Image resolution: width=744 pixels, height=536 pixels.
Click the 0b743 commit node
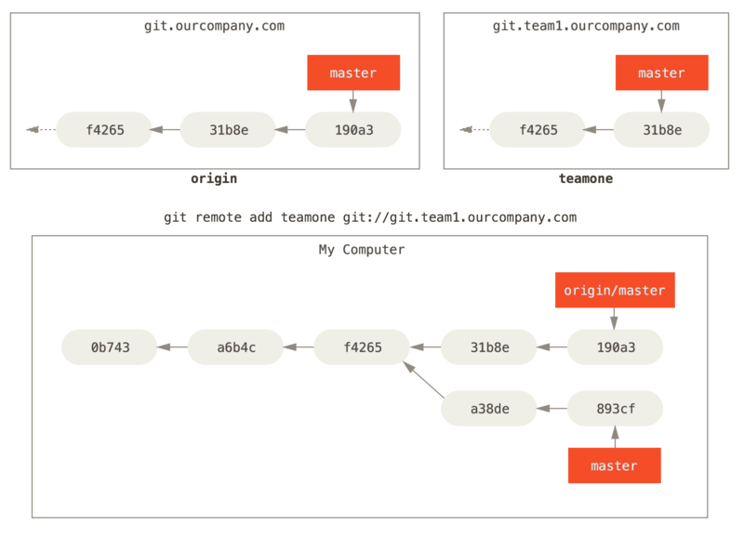coord(109,347)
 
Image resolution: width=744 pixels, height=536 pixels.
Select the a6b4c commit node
coord(235,347)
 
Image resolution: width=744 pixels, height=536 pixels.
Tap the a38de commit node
coord(488,408)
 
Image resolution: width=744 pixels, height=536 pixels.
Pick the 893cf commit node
coord(615,408)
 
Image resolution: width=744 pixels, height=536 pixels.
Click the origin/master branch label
coord(615,290)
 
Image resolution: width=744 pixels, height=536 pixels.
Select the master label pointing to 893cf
coord(615,465)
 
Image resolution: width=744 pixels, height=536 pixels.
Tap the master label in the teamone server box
coord(661,72)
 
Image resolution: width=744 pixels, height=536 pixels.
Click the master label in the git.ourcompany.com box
coord(353,72)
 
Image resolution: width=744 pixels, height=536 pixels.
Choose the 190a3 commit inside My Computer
coord(615,347)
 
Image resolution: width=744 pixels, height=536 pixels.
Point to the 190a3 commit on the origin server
coord(353,129)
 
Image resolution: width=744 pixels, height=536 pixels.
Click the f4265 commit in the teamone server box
coord(538,129)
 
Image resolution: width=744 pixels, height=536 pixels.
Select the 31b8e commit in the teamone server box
coord(661,129)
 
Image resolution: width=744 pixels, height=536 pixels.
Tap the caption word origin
coord(214,178)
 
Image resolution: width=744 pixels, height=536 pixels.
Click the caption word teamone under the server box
coord(585,178)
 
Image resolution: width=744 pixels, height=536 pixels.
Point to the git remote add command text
coord(370,217)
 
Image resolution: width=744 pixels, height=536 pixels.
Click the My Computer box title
coord(362,250)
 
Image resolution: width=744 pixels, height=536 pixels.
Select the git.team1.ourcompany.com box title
coord(586,26)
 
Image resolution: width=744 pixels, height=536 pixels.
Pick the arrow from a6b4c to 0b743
coord(172,347)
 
